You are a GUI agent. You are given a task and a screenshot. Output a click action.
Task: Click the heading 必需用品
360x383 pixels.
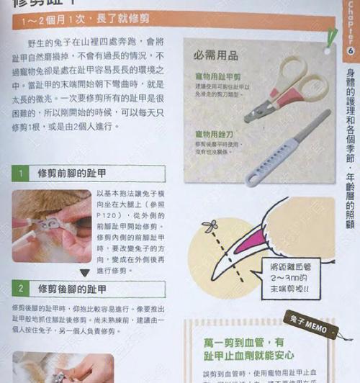(216, 55)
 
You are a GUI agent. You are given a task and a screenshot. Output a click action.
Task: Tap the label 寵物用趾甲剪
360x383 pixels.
(217, 76)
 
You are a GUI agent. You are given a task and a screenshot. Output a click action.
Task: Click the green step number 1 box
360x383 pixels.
(22, 174)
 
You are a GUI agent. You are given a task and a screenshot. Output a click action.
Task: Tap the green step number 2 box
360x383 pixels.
(22, 288)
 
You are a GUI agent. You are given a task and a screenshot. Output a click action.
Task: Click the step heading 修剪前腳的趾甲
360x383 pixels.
(72, 174)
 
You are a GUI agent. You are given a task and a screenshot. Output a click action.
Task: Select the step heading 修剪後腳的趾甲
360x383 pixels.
(72, 288)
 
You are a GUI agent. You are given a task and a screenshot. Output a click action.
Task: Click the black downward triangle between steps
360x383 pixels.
(84, 273)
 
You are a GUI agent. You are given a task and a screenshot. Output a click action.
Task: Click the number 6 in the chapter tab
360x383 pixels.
(351, 53)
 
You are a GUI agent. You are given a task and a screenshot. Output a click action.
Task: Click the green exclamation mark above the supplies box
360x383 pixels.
(330, 36)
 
